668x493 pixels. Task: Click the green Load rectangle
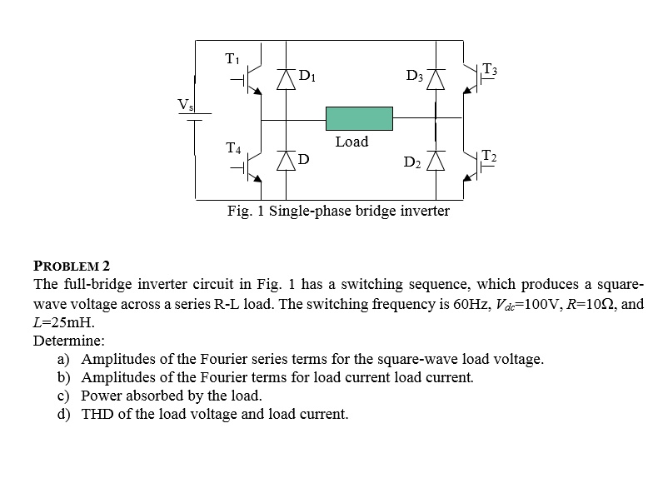click(359, 118)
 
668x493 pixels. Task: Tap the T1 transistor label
click(232, 58)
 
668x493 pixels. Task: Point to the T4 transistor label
click(234, 149)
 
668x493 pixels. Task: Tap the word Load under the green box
click(351, 142)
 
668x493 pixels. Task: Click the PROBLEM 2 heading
click(72, 266)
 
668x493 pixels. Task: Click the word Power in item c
click(101, 396)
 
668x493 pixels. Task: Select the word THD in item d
click(97, 414)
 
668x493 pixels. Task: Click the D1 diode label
click(307, 78)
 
